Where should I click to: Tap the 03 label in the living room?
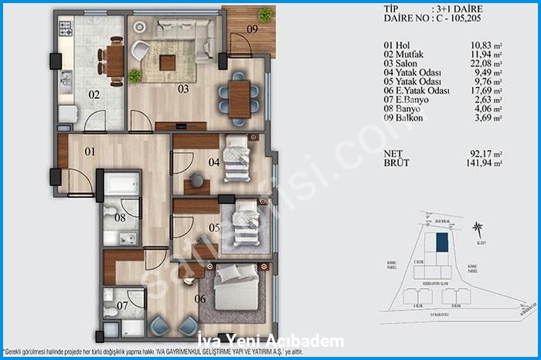tap(183, 89)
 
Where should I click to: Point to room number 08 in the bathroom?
tap(120, 218)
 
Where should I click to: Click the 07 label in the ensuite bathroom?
tap(122, 306)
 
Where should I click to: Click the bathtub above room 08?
tap(122, 186)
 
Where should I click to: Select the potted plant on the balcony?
tap(265, 15)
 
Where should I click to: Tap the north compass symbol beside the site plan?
tap(481, 230)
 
